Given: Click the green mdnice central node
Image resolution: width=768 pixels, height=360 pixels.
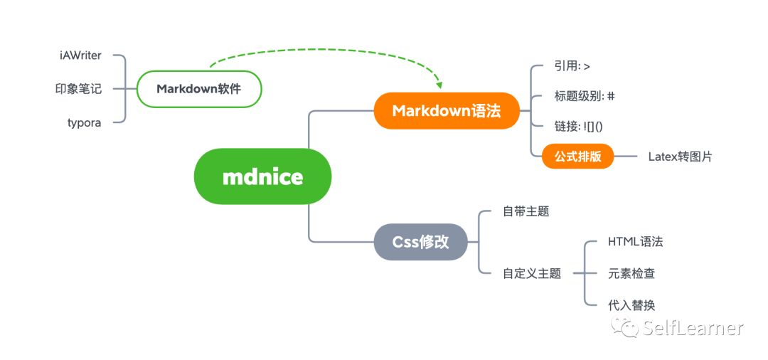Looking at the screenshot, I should (262, 176).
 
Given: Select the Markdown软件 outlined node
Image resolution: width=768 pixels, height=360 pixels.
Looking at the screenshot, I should (199, 90).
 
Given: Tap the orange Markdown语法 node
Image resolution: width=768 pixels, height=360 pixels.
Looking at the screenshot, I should (447, 111).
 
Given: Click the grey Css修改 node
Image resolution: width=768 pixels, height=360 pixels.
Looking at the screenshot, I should (420, 242).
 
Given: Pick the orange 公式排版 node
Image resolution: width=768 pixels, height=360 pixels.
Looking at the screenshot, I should (577, 157).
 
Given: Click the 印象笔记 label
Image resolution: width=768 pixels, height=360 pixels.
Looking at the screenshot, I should (78, 89).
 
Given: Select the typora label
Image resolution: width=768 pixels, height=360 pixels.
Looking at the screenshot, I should (84, 122).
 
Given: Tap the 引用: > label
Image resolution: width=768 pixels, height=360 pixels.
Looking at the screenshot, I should (572, 66).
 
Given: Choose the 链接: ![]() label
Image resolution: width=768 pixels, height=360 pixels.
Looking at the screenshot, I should (579, 126).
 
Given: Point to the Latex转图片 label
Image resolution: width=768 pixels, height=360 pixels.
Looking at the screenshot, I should (680, 157).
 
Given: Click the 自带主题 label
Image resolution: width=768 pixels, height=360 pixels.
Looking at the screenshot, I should (526, 211).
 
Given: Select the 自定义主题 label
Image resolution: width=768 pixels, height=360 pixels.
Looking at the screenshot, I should (531, 272).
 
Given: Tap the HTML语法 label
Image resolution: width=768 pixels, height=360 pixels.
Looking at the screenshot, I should (635, 242).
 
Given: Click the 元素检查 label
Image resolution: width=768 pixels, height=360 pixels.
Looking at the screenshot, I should (631, 273).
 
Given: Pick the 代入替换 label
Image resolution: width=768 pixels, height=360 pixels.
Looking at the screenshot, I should (631, 305).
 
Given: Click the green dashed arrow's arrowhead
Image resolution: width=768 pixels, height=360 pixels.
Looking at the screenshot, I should (439, 85).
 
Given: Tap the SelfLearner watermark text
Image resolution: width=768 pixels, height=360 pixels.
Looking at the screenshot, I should (693, 328).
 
